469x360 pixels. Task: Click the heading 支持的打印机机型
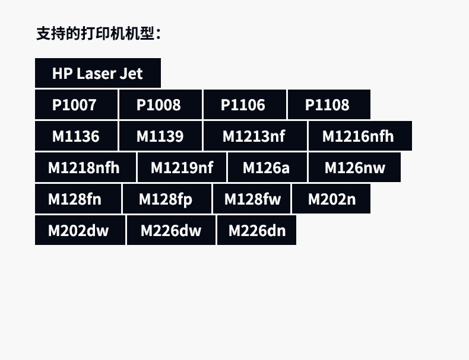(99, 33)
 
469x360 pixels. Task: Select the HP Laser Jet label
(98, 74)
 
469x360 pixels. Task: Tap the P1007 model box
(77, 105)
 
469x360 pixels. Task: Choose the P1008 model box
(160, 105)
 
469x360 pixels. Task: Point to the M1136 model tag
(77, 136)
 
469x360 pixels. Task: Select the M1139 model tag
(160, 136)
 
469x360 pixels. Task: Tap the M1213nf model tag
(255, 136)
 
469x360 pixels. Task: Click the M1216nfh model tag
(359, 136)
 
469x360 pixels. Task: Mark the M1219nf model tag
(182, 168)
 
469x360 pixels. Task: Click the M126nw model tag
(354, 168)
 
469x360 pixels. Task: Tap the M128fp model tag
(166, 199)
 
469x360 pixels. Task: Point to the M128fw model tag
(251, 199)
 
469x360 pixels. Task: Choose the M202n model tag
(331, 199)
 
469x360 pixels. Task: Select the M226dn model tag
(256, 231)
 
